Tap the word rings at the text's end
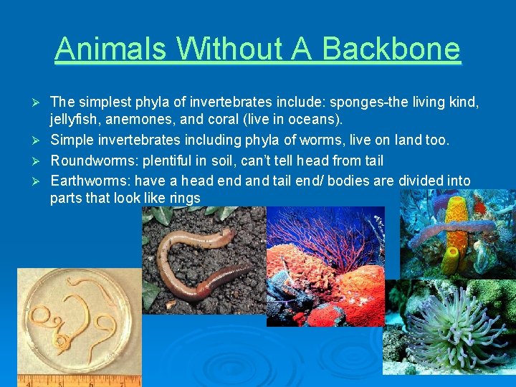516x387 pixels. pos(185,199)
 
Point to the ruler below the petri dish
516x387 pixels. pos(79,381)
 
